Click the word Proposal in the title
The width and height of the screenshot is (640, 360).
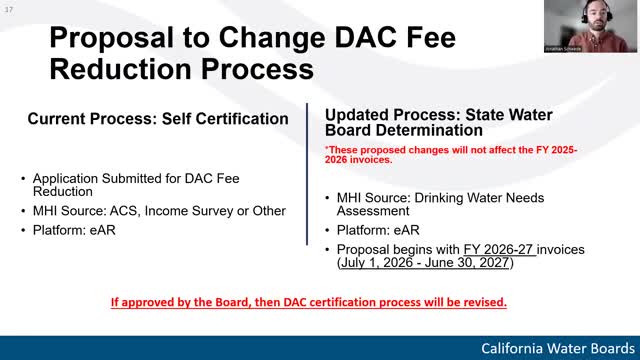tap(108, 40)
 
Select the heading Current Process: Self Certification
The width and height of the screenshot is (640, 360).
tap(158, 118)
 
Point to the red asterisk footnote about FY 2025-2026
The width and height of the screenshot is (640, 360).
tap(450, 154)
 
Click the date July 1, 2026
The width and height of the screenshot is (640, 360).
tap(376, 263)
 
